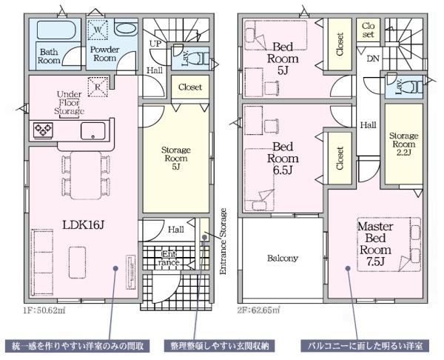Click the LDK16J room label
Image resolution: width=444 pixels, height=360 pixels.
point(83,225)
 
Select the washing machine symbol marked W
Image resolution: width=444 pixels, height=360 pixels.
point(98,30)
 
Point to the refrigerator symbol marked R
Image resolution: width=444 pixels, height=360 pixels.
point(98,87)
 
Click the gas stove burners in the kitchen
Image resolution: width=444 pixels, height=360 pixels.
point(43,130)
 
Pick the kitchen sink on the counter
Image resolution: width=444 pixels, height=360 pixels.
point(93,130)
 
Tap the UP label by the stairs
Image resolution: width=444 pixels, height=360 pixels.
point(155,44)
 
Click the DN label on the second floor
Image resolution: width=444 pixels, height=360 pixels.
point(373,59)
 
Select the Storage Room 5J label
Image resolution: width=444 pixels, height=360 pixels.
point(176,159)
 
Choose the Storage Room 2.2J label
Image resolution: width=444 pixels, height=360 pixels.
point(403,144)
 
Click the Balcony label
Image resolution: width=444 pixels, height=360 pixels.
point(283,259)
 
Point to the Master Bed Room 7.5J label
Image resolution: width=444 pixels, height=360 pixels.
point(375,244)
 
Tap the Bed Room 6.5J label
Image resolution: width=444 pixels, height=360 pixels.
point(283,159)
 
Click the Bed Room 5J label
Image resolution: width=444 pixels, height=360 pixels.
point(283,59)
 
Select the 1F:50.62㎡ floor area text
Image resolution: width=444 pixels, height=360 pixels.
point(44,310)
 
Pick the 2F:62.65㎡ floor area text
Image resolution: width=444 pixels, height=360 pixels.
point(258,310)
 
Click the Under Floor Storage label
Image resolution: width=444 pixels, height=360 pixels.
point(70,103)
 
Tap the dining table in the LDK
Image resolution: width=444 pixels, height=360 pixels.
point(86,176)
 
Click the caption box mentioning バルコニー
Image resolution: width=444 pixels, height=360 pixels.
point(365,346)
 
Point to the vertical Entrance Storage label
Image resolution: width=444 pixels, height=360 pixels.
point(223,241)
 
